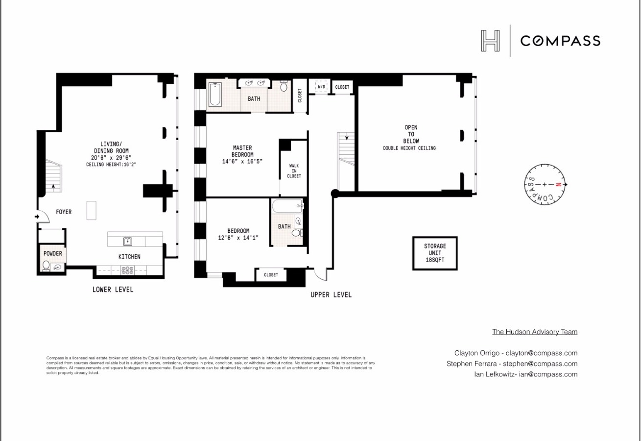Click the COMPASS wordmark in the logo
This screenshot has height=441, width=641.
point(560,41)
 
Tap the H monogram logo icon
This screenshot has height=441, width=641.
point(490,41)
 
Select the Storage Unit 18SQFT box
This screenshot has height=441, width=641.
point(435,253)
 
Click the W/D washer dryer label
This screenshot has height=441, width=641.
point(322,87)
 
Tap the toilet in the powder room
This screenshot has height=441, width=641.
point(47,265)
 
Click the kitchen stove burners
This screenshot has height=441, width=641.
point(128,269)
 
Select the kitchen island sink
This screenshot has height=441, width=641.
point(128,241)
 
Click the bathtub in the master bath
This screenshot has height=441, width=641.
point(215,95)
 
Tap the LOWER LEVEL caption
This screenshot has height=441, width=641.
point(113,290)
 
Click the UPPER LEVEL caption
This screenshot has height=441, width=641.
point(331,294)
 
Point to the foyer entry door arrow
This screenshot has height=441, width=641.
point(38,216)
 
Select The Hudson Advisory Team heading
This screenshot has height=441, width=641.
point(535,332)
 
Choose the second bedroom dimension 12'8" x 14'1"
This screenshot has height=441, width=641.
point(238,238)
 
